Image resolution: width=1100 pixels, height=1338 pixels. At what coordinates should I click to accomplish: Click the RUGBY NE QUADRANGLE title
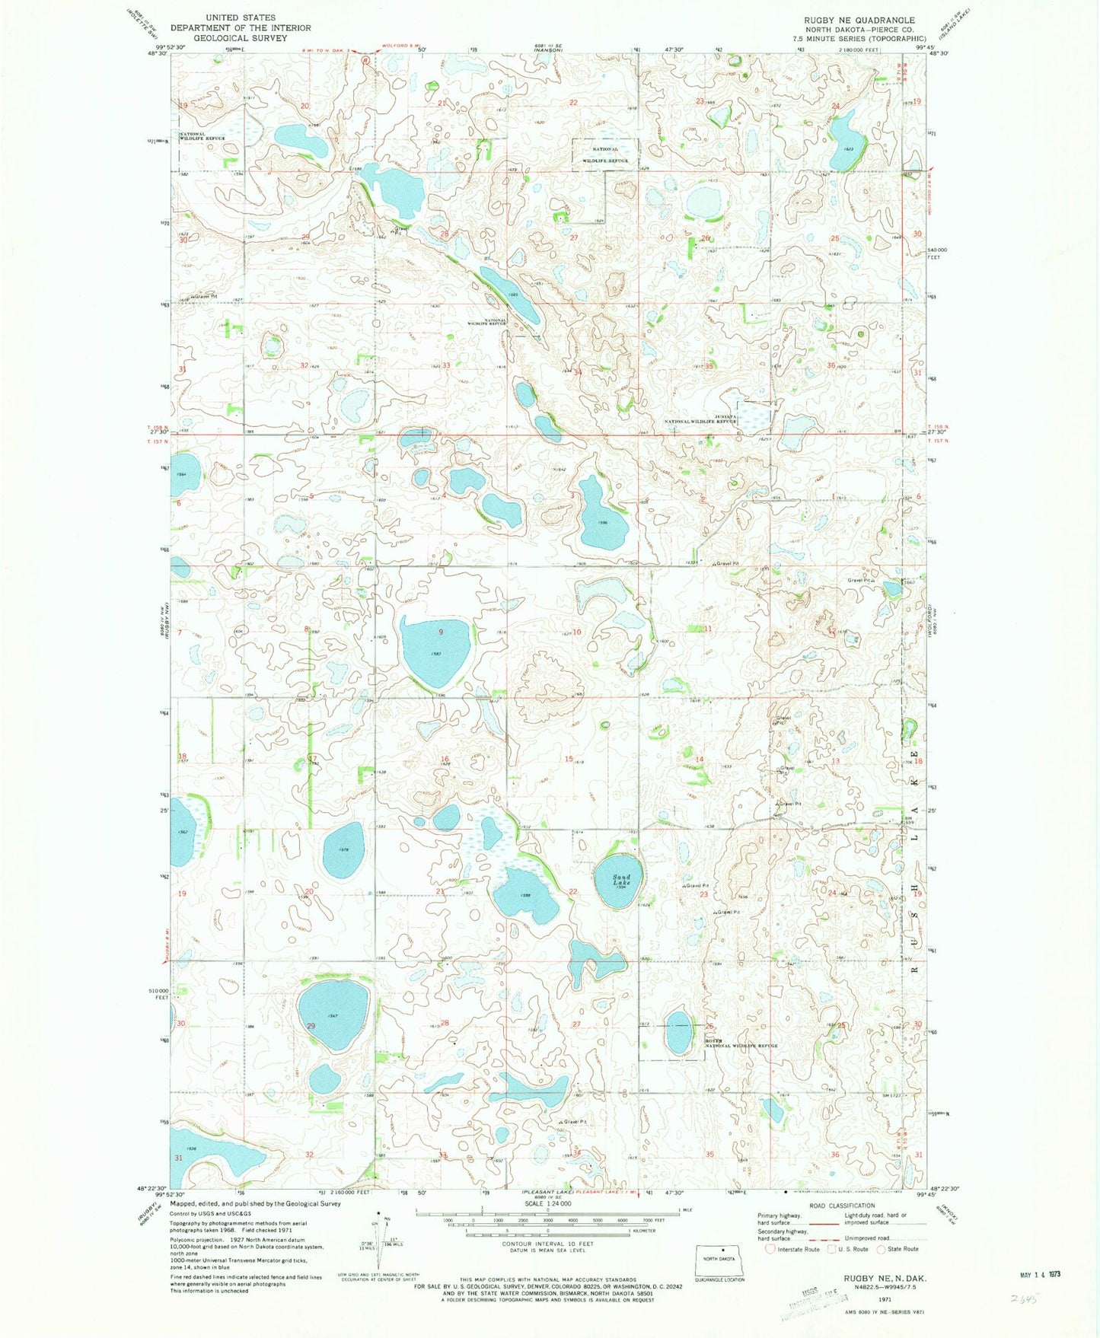click(x=853, y=20)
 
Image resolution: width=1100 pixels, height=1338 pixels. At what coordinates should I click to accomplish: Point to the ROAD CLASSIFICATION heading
click(x=841, y=1206)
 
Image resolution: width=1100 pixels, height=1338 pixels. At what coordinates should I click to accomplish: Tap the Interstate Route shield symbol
click(x=770, y=1249)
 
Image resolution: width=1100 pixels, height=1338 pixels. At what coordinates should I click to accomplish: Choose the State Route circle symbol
click(x=882, y=1249)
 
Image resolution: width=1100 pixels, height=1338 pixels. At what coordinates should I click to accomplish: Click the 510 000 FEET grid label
click(x=159, y=993)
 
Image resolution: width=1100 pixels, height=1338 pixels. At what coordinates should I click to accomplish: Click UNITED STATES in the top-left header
click(x=241, y=18)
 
